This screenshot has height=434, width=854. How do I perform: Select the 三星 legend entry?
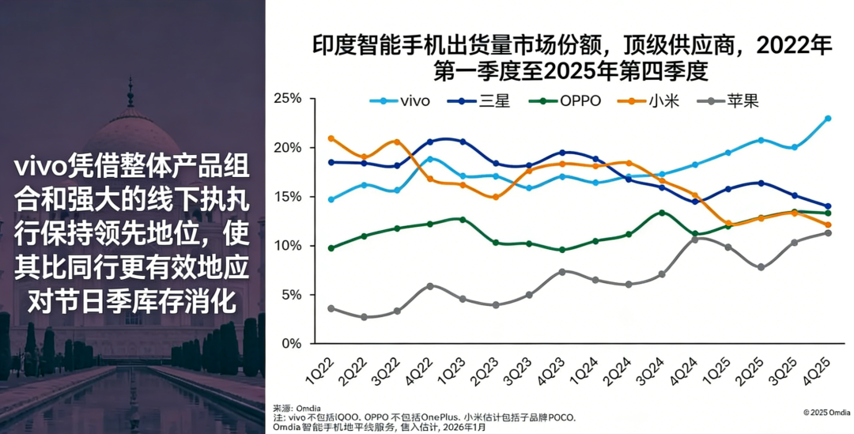click(480, 100)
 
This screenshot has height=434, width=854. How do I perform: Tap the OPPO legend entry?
click(570, 100)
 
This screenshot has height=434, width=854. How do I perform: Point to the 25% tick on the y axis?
click(289, 99)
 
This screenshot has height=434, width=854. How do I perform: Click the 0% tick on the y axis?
click(293, 344)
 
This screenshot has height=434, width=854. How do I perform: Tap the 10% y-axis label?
click(289, 246)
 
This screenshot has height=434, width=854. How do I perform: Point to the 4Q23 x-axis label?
click(556, 369)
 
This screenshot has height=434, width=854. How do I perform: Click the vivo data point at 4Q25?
click(828, 119)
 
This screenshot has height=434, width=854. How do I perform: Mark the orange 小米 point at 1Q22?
click(331, 138)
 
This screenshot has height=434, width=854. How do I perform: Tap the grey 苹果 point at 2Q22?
click(364, 317)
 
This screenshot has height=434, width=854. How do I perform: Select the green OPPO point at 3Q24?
click(662, 213)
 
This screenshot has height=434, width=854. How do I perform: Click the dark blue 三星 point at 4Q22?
click(430, 142)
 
